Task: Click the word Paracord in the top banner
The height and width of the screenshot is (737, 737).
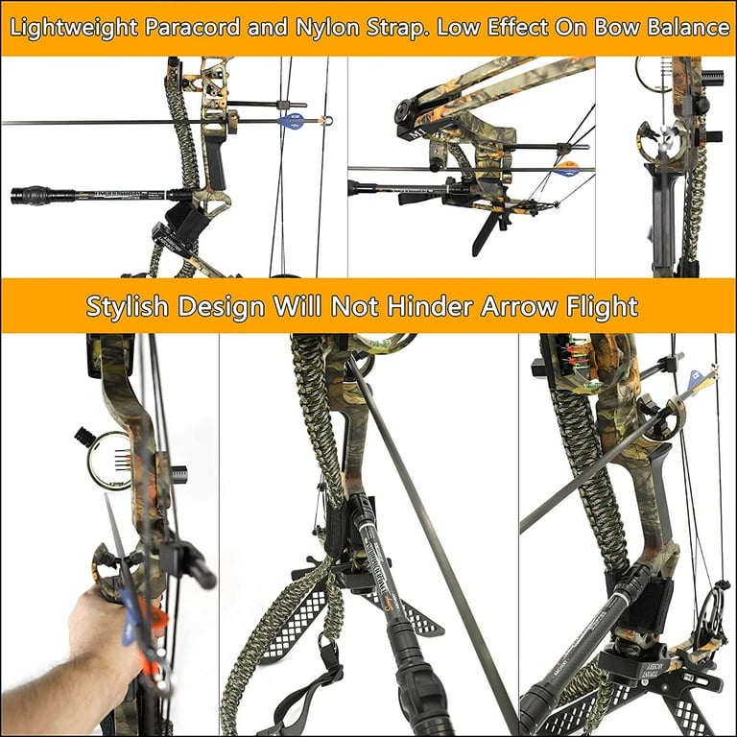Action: click(193, 27)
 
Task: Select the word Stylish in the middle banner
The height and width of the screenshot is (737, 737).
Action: click(128, 306)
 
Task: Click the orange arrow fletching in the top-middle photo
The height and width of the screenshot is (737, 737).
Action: click(569, 169)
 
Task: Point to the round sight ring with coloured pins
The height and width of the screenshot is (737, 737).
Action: click(109, 461)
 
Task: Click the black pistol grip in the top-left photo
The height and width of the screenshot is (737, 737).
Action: click(215, 162)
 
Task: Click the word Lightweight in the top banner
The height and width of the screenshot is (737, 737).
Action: click(74, 28)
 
